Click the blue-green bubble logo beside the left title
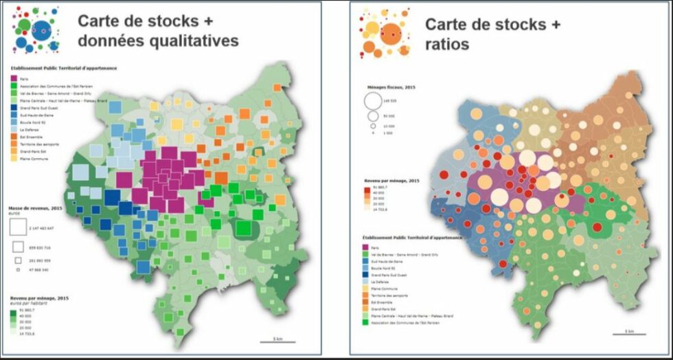38,30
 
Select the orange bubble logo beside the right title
385,32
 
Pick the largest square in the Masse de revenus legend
19,227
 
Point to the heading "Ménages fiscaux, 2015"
386,87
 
